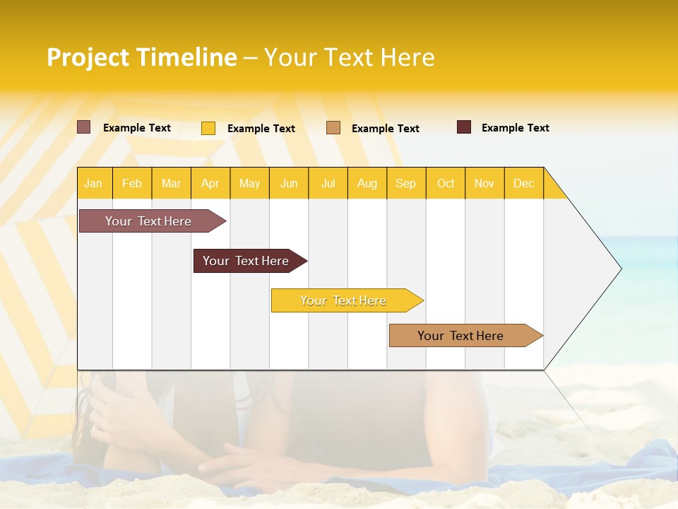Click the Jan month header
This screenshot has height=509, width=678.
point(93,183)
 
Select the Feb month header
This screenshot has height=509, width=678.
point(132,183)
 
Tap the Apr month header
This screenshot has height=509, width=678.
point(210,183)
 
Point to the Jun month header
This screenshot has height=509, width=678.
point(289,183)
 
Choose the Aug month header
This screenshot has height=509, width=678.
point(367,183)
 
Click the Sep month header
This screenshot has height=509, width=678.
point(405,183)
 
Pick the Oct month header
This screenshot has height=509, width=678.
point(446,183)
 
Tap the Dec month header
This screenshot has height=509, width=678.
point(523,183)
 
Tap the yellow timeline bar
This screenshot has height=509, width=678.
point(344,300)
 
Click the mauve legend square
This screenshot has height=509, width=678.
point(84,127)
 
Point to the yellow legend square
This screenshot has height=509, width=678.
point(208,128)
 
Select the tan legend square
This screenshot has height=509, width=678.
point(333,128)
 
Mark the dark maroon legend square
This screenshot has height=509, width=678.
point(464,127)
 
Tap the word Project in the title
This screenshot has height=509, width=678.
point(88,57)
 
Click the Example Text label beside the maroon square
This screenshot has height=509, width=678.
point(515,128)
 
